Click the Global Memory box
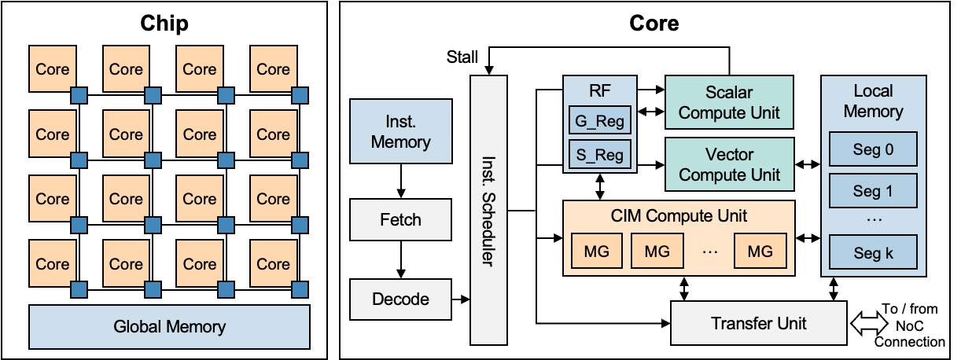169,327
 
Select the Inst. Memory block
400,132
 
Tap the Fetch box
400,220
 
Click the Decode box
400,299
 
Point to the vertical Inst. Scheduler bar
488,210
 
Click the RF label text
599,91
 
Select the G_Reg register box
599,122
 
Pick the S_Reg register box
599,155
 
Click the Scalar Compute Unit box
729,103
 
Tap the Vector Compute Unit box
729,165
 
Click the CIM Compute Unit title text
679,215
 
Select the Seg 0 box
873,149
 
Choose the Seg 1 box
873,191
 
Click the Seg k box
873,254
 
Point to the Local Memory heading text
873,101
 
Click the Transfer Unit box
758,323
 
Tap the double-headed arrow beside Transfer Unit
869,324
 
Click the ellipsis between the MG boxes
709,252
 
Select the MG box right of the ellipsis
760,252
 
